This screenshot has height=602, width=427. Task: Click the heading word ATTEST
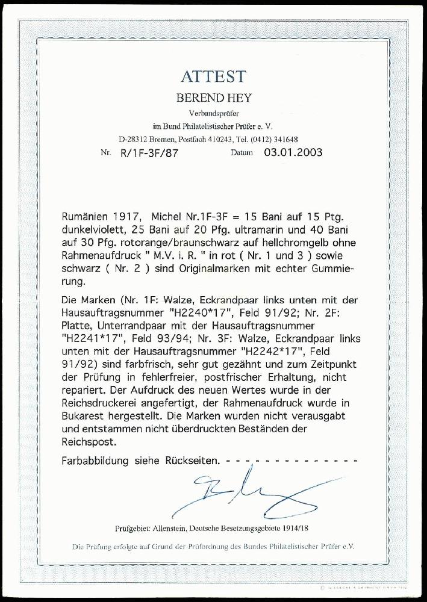coord(213,76)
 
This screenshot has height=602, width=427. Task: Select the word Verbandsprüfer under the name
coord(213,114)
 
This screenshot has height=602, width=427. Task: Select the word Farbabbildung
coord(96,461)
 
